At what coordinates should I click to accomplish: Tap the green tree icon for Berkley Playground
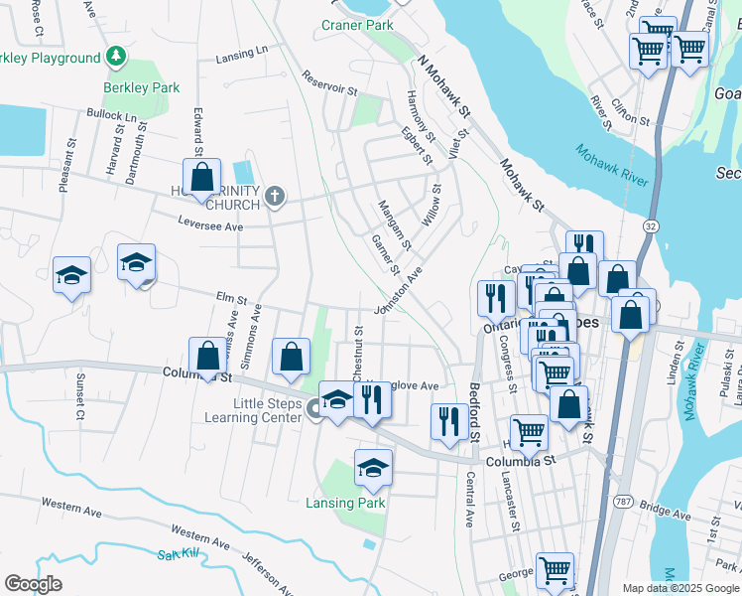point(117,57)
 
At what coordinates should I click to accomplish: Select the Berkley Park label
point(142,87)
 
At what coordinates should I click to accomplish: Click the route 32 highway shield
point(650,226)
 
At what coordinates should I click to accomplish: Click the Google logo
point(33,583)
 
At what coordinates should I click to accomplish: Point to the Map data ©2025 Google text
point(680,588)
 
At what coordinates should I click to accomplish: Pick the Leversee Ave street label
point(209,224)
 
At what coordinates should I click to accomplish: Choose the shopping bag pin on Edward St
point(201,179)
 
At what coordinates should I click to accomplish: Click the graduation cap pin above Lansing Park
point(373,468)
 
